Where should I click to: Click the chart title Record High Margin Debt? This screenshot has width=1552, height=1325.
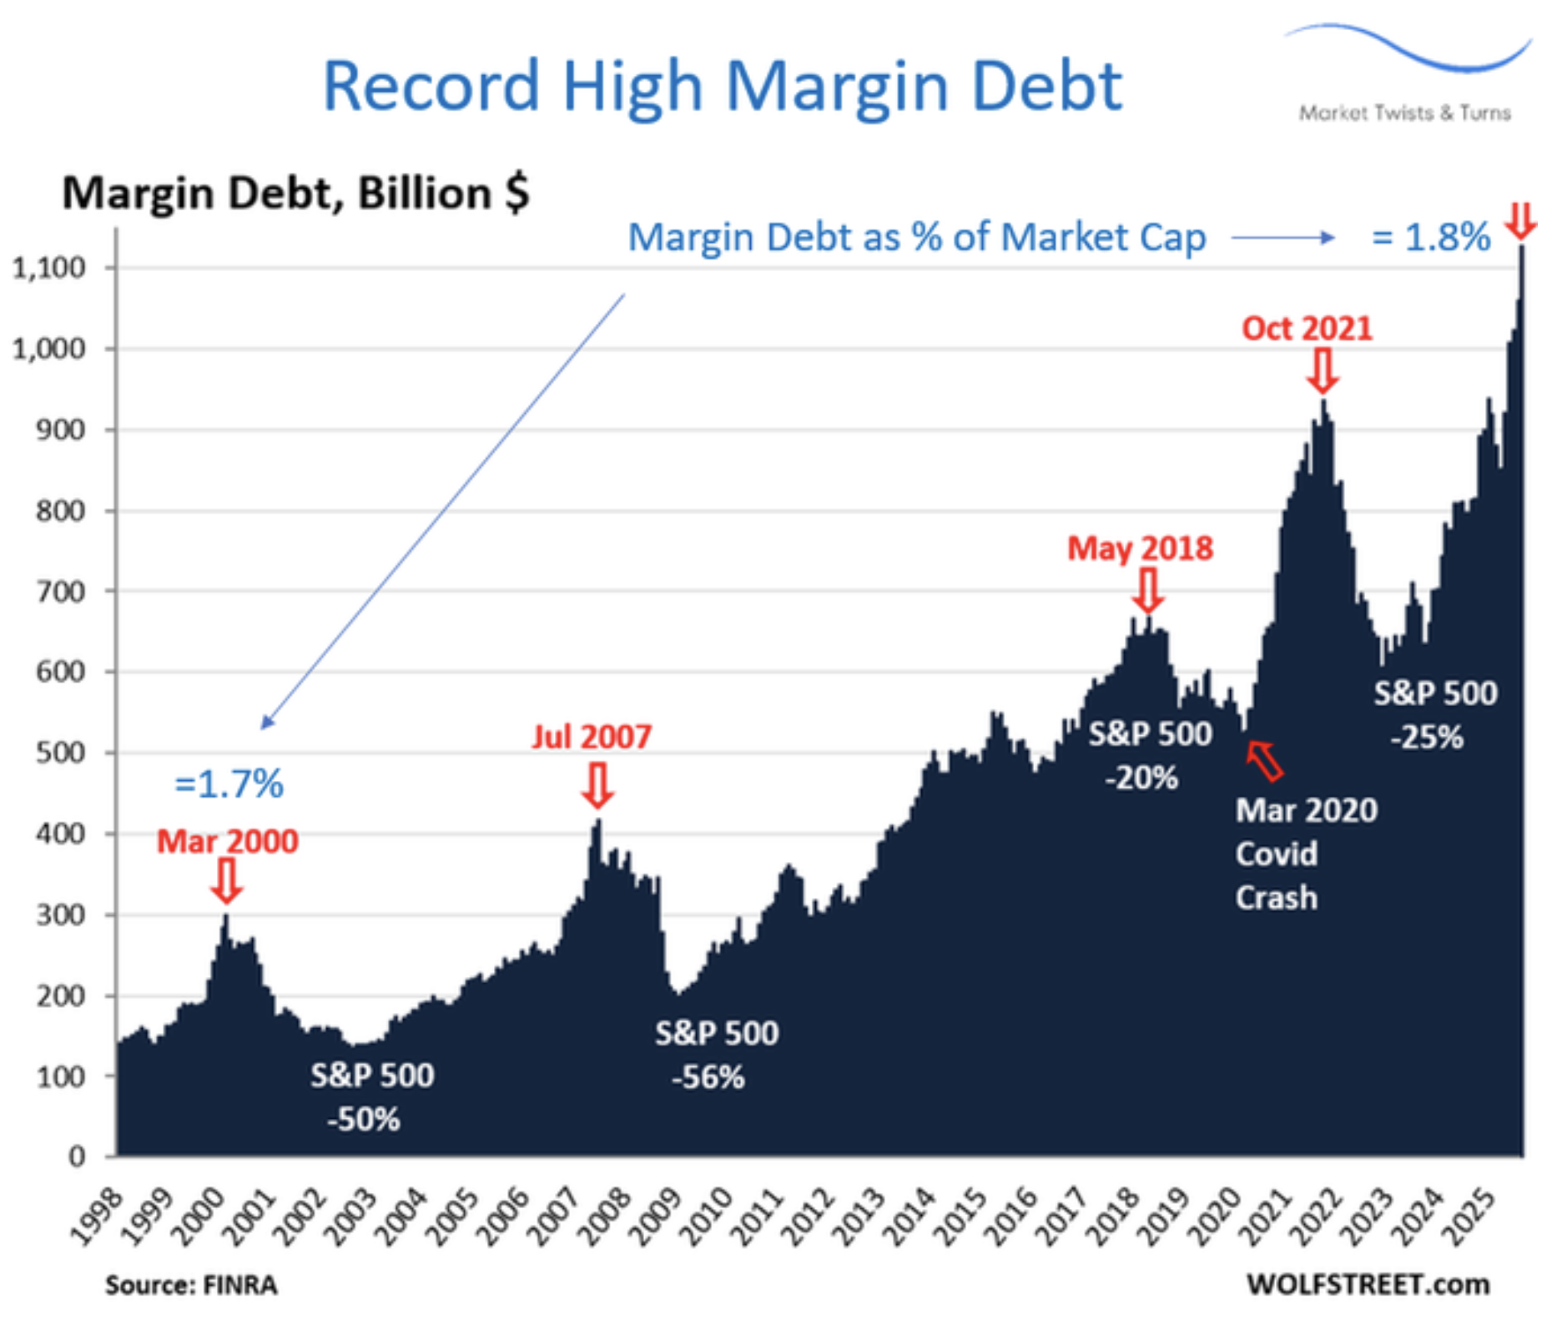tap(722, 85)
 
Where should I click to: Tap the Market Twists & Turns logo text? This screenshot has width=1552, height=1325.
tap(1404, 113)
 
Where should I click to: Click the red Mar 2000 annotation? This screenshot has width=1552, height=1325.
tap(227, 841)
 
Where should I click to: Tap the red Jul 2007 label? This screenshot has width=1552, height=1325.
tap(592, 737)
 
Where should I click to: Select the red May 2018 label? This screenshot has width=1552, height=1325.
tap(1140, 548)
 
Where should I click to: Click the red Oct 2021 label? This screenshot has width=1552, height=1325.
tap(1307, 328)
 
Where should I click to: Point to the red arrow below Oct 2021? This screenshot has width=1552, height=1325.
tap(1323, 370)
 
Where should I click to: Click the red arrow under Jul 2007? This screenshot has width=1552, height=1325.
tap(597, 785)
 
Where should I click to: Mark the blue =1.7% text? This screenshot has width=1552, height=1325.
tap(229, 784)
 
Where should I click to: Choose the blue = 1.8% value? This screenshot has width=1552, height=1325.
tap(1431, 238)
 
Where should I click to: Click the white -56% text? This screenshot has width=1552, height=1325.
tap(708, 1077)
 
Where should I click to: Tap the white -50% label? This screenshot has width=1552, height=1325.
tap(364, 1119)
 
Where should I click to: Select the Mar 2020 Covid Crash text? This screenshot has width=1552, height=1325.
tap(1305, 854)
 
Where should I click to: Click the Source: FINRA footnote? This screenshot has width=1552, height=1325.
tap(191, 1285)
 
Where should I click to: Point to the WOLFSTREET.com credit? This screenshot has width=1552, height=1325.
tap(1368, 1284)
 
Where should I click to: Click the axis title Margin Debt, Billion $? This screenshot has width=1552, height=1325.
tap(295, 194)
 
